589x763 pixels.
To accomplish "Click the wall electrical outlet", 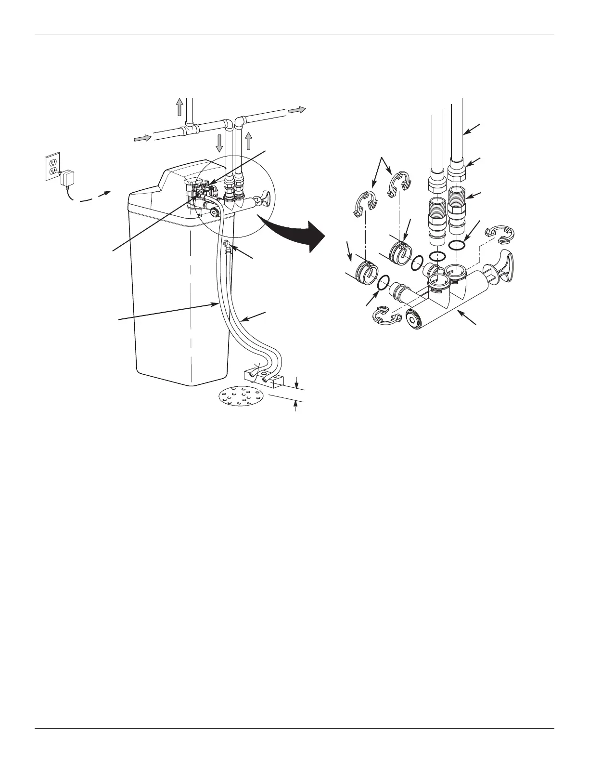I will pyautogui.click(x=52, y=167).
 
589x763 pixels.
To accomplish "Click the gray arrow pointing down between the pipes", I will pyautogui.click(x=219, y=143).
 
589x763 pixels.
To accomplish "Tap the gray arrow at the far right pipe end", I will pyautogui.click(x=297, y=110).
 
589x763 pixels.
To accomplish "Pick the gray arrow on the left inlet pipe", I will pyautogui.click(x=142, y=139).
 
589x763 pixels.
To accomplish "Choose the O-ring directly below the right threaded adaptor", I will pyautogui.click(x=457, y=245).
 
